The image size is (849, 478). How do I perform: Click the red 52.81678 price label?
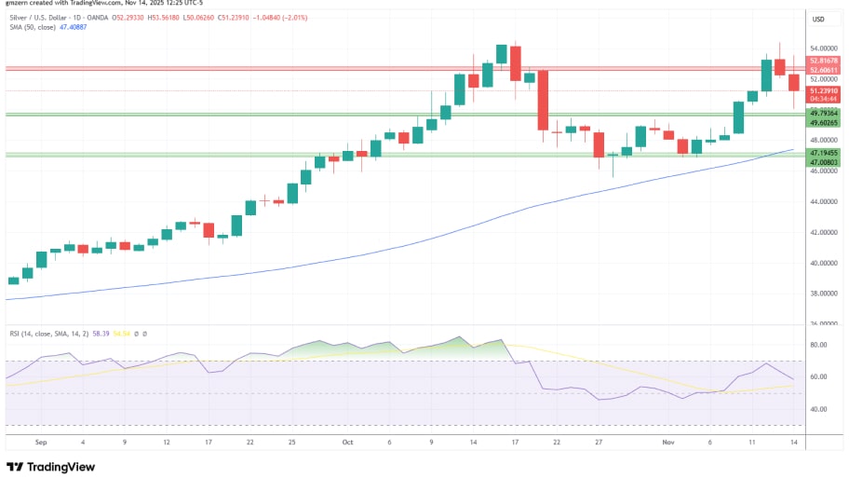[x=824, y=61]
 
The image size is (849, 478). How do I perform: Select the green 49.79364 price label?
[x=824, y=113]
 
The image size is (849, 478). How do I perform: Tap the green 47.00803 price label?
[x=824, y=161]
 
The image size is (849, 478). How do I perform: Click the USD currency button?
[x=819, y=19]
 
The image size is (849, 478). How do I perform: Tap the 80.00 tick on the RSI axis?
[x=819, y=345]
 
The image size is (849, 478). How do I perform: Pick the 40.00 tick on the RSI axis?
[x=819, y=409]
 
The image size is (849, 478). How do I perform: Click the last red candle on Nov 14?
[x=794, y=83]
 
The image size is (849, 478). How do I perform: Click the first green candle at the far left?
[x=13, y=280]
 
